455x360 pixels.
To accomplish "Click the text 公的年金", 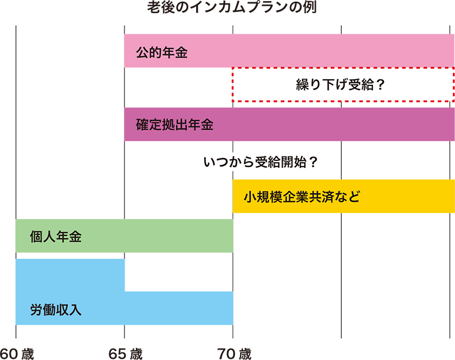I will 162,53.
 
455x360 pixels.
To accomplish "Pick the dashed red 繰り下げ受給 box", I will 342,85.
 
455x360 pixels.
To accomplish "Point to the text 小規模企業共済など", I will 302,197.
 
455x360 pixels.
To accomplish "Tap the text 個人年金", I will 56,237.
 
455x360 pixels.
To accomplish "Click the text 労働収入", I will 56,310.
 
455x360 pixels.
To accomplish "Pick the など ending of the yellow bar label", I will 350,197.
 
